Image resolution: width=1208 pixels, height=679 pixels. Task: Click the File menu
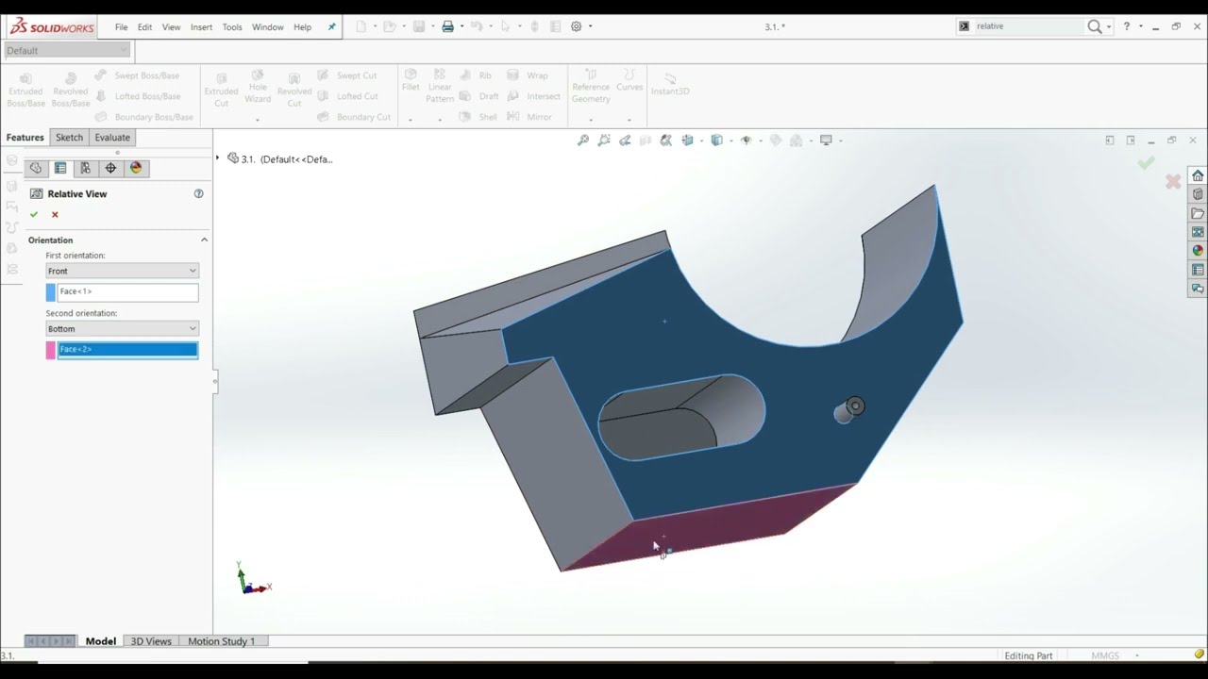click(122, 27)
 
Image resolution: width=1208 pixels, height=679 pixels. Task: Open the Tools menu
click(232, 27)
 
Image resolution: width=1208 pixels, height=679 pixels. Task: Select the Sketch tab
click(69, 138)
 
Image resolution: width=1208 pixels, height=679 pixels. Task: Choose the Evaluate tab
click(112, 138)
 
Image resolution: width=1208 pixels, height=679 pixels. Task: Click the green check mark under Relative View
click(34, 215)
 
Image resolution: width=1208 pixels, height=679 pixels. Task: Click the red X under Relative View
click(55, 215)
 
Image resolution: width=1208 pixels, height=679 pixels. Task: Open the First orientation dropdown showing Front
click(122, 271)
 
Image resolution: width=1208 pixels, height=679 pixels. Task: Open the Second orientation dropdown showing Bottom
click(122, 329)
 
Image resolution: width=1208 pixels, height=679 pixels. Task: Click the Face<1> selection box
click(127, 292)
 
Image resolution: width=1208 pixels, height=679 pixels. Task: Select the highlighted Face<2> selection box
click(127, 350)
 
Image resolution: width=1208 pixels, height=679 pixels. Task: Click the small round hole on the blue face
click(855, 406)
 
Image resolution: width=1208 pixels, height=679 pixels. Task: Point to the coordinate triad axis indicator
click(248, 580)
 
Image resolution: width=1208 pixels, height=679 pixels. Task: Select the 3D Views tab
click(151, 641)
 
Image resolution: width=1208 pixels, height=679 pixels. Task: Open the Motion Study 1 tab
click(221, 641)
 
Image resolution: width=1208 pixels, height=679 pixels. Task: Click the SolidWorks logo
click(52, 27)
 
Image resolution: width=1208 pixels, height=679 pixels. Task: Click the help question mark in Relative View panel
click(198, 193)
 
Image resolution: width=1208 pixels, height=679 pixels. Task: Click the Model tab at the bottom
click(101, 641)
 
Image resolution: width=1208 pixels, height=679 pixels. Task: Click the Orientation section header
click(51, 240)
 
